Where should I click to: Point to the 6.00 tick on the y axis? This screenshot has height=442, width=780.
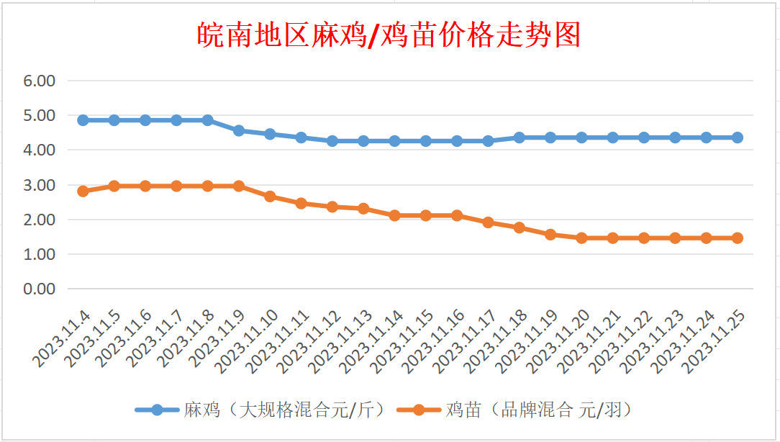point(40,81)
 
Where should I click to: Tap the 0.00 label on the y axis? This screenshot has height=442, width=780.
point(40,289)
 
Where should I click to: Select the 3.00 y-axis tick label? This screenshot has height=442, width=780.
point(40,185)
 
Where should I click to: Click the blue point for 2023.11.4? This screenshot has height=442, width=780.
point(83,120)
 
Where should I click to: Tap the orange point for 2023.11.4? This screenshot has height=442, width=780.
point(83,191)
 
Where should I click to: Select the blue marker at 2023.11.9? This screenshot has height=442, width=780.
point(239,130)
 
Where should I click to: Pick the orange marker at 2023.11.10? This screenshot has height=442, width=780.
point(270,196)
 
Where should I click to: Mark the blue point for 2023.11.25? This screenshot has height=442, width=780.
point(738,137)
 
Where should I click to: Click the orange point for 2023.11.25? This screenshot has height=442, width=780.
point(738,238)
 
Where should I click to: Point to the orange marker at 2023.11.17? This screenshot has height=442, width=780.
point(488,222)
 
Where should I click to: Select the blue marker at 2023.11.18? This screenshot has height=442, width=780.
point(520,137)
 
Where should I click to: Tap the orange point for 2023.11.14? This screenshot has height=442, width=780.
point(394,215)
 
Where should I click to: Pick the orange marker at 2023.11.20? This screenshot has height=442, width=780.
point(581,238)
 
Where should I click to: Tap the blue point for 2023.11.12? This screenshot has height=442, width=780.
point(332,141)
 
